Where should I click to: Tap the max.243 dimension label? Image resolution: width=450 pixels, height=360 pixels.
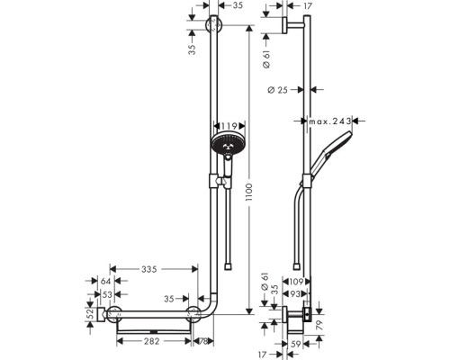329,120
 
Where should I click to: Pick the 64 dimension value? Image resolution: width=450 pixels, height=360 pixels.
106,283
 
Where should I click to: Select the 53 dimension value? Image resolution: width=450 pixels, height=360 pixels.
106,294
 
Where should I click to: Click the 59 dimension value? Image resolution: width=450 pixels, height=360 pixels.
297,342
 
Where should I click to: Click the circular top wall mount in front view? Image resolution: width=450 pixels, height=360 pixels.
212,24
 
